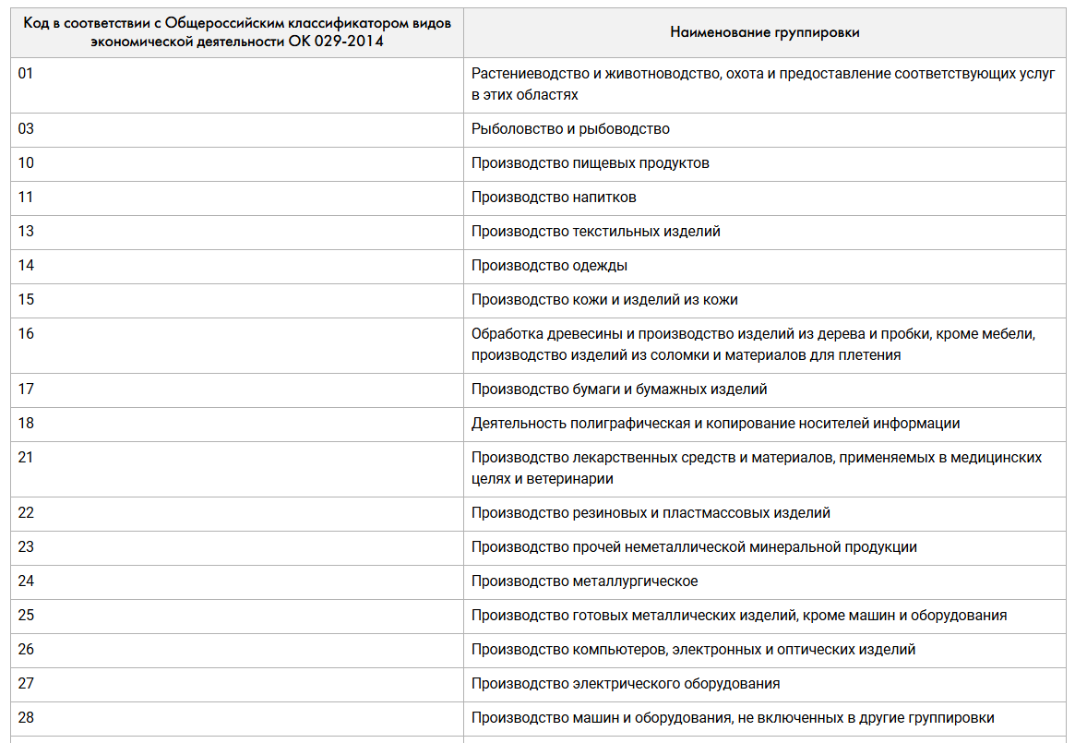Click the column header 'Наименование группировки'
[764, 32]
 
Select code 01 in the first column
[26, 74]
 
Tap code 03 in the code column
[26, 129]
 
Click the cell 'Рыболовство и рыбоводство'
[570, 129]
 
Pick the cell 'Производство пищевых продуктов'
[590, 163]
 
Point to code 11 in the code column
[26, 198]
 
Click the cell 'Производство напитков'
[554, 198]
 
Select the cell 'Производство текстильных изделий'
[595, 232]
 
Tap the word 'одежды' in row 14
[600, 266]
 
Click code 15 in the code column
[26, 300]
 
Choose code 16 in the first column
[26, 334]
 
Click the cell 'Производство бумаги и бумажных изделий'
[619, 389]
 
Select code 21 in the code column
[26, 458]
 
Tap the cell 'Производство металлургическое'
[584, 581]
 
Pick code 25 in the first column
[26, 616]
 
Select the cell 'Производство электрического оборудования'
[626, 684]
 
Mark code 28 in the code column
[26, 718]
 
